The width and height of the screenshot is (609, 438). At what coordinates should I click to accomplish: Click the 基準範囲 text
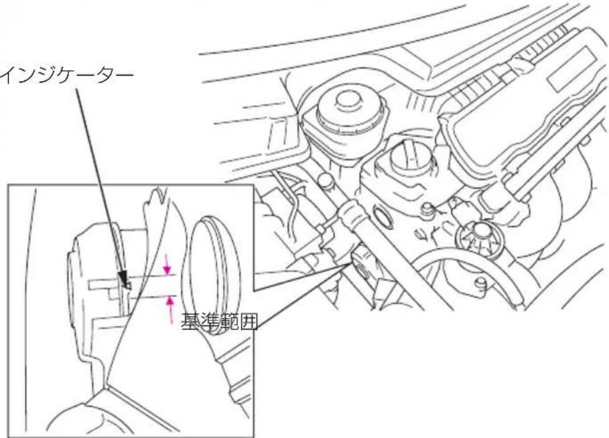click(220, 322)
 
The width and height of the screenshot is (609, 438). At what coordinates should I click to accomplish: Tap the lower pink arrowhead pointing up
click(170, 301)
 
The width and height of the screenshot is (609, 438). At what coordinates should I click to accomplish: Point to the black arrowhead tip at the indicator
click(127, 288)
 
